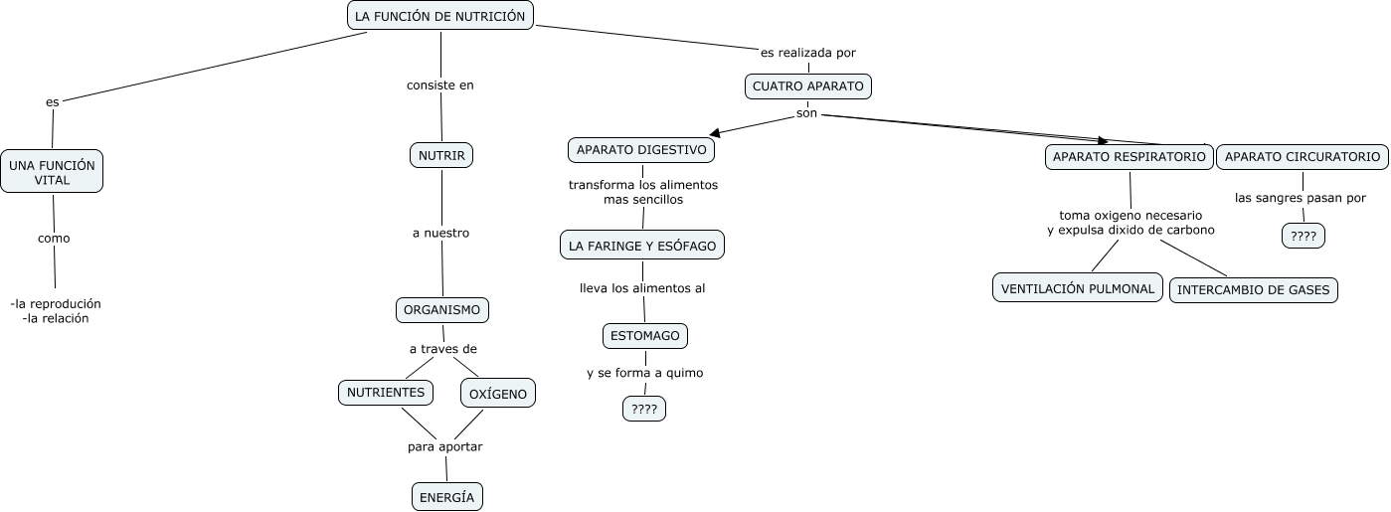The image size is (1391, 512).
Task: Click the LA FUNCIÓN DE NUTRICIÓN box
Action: click(x=440, y=16)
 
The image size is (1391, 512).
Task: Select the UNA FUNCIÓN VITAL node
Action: click(x=52, y=171)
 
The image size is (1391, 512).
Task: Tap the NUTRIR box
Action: click(x=441, y=155)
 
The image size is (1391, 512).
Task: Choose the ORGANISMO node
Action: click(x=442, y=309)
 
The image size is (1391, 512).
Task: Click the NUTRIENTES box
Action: click(x=386, y=393)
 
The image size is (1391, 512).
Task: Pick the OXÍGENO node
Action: click(x=498, y=393)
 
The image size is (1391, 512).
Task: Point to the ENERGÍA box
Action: click(x=447, y=496)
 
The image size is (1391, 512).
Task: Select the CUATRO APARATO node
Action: click(x=808, y=86)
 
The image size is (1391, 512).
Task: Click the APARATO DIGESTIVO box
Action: click(x=641, y=149)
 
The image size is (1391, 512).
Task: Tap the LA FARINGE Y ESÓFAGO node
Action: click(x=642, y=246)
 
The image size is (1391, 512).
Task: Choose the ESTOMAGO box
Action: click(x=645, y=336)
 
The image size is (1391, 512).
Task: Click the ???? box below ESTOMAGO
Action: click(x=644, y=409)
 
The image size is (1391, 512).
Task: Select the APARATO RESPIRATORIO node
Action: click(x=1129, y=157)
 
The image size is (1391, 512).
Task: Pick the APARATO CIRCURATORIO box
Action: click(x=1303, y=157)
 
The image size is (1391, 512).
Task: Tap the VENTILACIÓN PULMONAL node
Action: click(x=1078, y=288)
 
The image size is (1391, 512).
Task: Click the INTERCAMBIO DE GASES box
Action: click(x=1253, y=290)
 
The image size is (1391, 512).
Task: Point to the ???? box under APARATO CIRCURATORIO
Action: click(x=1304, y=236)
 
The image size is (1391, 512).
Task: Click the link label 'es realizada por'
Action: click(x=808, y=53)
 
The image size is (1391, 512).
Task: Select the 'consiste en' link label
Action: click(x=440, y=85)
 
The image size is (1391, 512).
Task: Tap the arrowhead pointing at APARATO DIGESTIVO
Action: click(x=715, y=133)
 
